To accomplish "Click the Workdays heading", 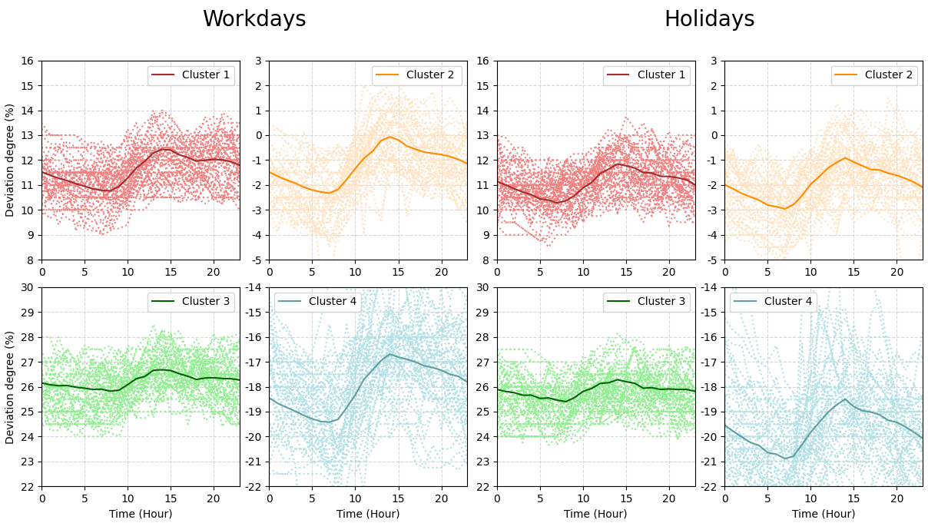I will [x=254, y=19].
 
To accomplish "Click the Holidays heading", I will [x=709, y=19].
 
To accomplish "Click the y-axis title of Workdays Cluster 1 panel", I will [x=10, y=160].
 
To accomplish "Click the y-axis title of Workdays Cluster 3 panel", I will [x=10, y=387].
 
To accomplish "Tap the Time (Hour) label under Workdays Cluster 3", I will [x=141, y=513].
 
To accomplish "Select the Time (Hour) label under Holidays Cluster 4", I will [x=824, y=513].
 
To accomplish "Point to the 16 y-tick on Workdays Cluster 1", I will [x=28, y=61].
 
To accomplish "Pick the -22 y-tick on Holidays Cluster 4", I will [x=710, y=487].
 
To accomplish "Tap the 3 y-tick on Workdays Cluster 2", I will [x=260, y=61].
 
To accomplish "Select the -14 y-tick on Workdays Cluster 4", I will [x=254, y=287].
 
